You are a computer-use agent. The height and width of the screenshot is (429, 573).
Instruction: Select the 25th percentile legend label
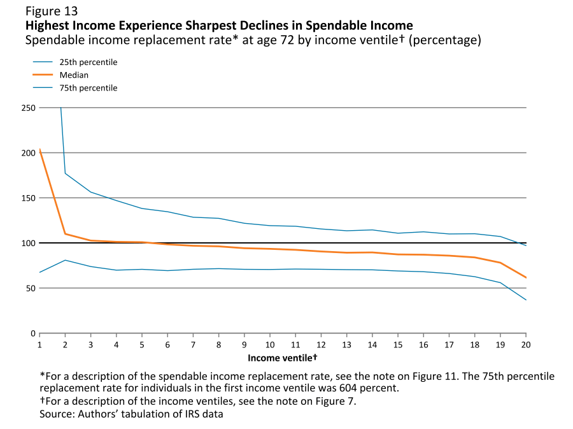[x=93, y=62]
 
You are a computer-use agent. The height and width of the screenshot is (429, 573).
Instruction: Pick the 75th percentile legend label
[x=93, y=88]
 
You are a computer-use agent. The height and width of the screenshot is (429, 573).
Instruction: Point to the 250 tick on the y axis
[x=28, y=108]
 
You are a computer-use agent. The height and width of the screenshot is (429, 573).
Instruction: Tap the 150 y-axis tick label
[x=28, y=198]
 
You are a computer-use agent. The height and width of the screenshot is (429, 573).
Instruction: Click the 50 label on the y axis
[x=30, y=288]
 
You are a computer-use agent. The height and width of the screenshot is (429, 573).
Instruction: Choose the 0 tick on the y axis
[x=32, y=333]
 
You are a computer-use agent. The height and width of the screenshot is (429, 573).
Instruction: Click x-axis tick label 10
[x=270, y=345]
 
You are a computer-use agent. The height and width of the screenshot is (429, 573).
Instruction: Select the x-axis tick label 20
[x=526, y=345]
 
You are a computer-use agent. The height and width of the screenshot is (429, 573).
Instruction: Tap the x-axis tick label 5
[x=142, y=345]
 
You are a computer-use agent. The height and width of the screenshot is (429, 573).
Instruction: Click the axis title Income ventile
[x=282, y=358]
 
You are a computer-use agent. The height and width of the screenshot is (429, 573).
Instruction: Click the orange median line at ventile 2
[x=66, y=234]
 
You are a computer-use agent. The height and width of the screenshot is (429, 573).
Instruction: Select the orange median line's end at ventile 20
[x=525, y=277]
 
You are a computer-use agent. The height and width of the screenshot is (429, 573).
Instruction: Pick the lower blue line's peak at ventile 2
[x=66, y=260]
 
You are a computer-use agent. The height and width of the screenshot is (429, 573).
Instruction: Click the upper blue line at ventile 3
[x=91, y=192]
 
